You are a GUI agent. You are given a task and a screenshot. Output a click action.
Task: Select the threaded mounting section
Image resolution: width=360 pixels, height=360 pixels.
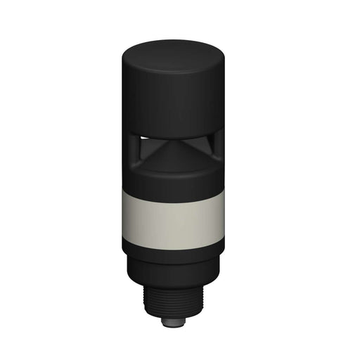172,301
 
